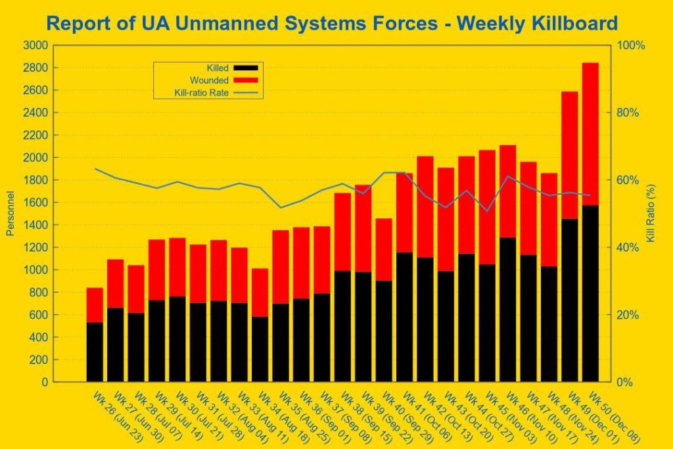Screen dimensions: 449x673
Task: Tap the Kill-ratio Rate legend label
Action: pos(202,93)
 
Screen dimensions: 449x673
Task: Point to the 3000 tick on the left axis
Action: pos(35,45)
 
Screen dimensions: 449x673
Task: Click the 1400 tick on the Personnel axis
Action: pos(35,225)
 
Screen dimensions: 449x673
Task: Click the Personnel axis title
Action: pos(10,214)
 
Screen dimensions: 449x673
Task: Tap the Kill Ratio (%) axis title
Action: pos(651,214)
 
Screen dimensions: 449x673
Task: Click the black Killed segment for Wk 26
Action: pos(95,352)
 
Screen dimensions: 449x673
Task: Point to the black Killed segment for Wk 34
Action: pos(260,349)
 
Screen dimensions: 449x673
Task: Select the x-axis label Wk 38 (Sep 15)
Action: pos(358,417)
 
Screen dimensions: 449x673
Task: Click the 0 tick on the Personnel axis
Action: pos(43,382)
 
